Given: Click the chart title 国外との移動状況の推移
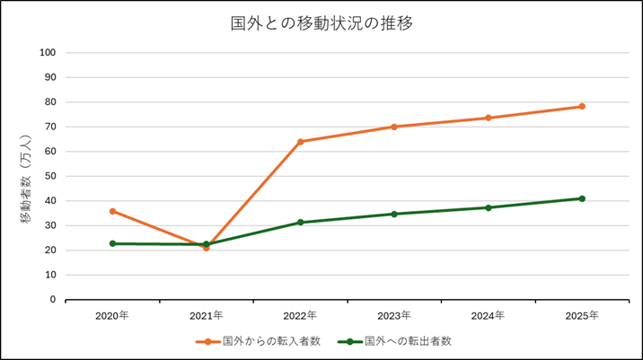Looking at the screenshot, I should [321, 23].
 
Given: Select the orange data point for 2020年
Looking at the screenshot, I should [112, 211].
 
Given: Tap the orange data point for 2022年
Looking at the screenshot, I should [300, 142].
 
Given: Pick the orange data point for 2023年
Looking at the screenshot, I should [394, 127].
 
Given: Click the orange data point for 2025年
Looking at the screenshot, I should [582, 106].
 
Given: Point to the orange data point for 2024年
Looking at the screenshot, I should [488, 118].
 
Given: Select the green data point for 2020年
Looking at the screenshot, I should [112, 243].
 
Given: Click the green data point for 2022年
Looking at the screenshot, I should [300, 222].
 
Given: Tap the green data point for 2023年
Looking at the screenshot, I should [394, 214].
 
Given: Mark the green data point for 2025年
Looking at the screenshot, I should [582, 198].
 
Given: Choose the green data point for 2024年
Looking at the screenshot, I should [488, 207].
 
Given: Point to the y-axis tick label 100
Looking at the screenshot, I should [48, 52].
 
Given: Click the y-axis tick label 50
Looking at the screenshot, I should [51, 176].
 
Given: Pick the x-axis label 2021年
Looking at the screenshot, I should [206, 315].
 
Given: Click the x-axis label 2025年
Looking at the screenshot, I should [582, 315].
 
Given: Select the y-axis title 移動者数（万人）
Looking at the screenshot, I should [26, 176].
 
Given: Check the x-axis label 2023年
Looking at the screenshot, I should [394, 315].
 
